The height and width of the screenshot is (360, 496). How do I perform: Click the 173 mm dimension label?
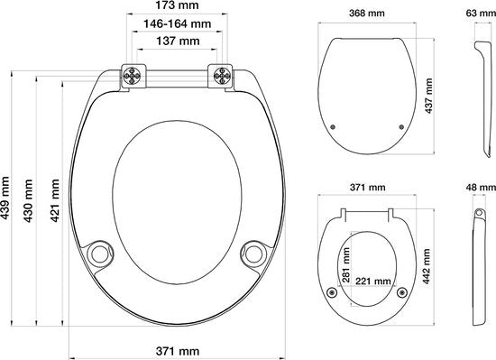tap(177, 5)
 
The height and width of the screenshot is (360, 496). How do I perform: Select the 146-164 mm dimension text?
tap(177, 23)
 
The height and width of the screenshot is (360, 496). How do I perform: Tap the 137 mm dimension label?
tap(178, 42)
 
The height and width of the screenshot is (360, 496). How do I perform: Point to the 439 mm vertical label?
tap(5, 198)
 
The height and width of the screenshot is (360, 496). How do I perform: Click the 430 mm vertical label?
tap(29, 200)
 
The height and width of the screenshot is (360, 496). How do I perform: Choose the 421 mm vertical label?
tap(55, 200)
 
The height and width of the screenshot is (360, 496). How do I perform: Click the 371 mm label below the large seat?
tap(178, 351)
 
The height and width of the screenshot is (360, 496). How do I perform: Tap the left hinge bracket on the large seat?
tap(133, 76)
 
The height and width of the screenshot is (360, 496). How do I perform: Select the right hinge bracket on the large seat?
tap(220, 76)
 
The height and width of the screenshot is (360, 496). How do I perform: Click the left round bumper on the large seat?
tap(100, 254)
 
